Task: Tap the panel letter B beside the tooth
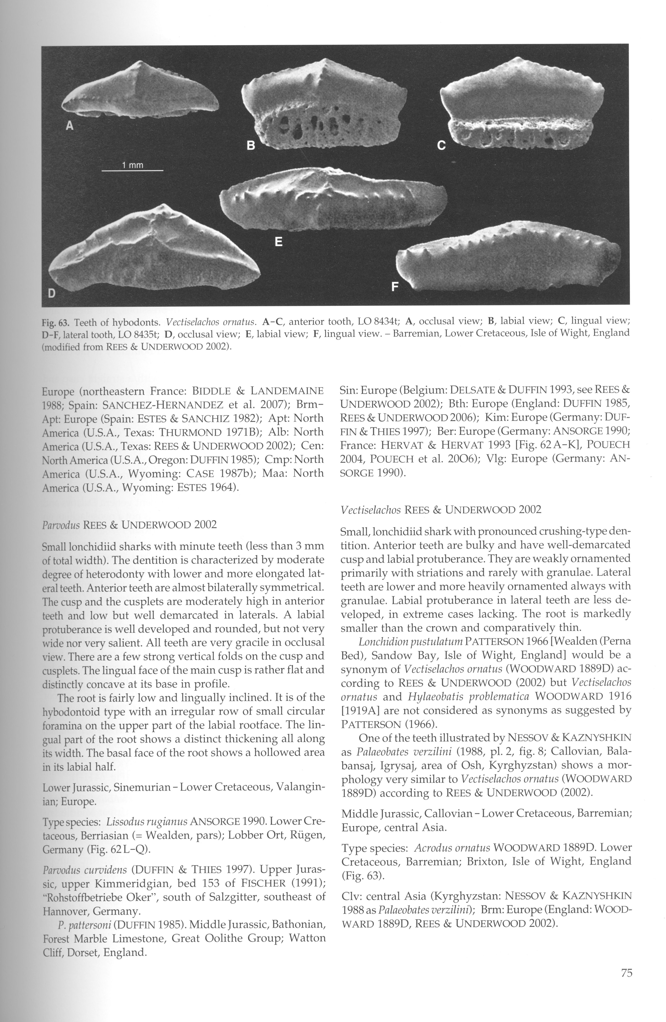tap(251, 146)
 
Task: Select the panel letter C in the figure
tap(441, 146)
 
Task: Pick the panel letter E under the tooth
tap(278, 242)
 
